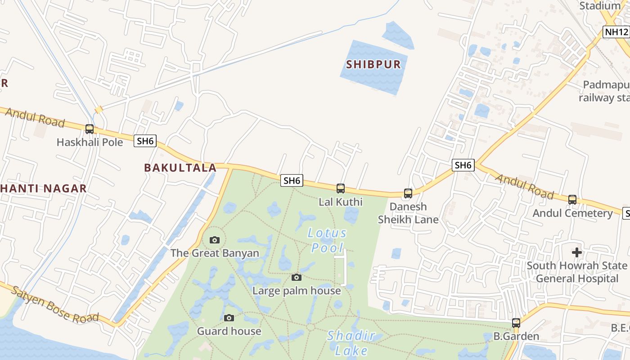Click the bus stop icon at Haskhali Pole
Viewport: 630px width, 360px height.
(x=90, y=129)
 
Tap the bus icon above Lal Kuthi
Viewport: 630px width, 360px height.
(x=341, y=188)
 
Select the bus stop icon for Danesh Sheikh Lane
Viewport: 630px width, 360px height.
(x=408, y=193)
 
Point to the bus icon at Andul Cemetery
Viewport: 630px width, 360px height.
(x=572, y=199)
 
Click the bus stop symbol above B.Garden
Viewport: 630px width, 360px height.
(x=516, y=323)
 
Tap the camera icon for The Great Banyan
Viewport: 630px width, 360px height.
(x=215, y=240)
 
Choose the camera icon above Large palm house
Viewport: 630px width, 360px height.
(x=296, y=277)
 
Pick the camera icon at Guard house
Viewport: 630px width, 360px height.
(x=229, y=318)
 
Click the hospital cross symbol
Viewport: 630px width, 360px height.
(x=577, y=252)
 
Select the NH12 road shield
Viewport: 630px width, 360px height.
(x=616, y=32)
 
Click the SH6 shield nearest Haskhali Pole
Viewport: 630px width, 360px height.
(x=145, y=141)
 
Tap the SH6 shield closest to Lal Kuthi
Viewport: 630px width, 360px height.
(x=292, y=180)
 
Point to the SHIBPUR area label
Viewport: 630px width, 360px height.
(x=373, y=64)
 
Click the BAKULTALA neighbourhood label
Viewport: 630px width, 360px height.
(x=180, y=168)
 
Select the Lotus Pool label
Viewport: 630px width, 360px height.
(x=328, y=240)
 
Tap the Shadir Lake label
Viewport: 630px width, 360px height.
(x=351, y=343)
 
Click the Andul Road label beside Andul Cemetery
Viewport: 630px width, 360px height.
(x=524, y=185)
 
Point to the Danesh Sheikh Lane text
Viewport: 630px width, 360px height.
(x=408, y=213)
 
